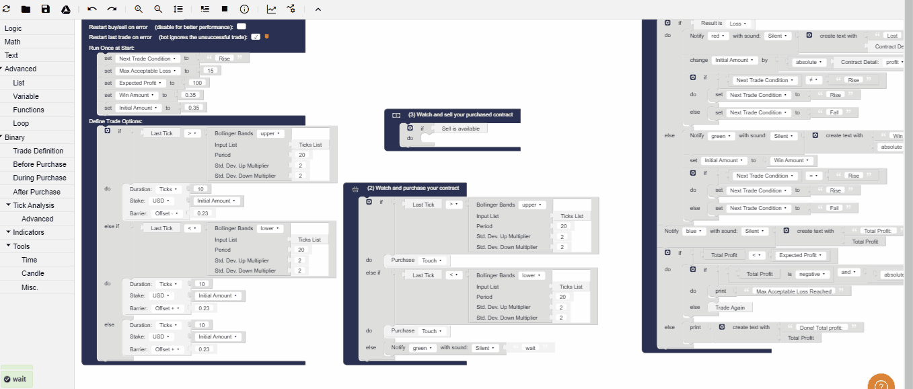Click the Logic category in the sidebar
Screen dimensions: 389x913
pyautogui.click(x=13, y=28)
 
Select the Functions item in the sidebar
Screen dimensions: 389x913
pyautogui.click(x=28, y=110)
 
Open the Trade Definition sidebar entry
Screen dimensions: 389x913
pyautogui.click(x=38, y=151)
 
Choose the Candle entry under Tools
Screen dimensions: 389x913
pyautogui.click(x=32, y=273)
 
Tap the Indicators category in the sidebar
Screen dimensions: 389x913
pyautogui.click(x=28, y=232)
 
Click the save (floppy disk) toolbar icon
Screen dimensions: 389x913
pyautogui.click(x=46, y=9)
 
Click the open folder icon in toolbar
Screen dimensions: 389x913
pyautogui.click(x=26, y=9)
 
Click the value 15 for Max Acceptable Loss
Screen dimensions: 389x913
pyautogui.click(x=211, y=71)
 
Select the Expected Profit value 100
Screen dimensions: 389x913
pyautogui.click(x=197, y=83)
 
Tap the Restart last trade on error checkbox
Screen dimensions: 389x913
pyautogui.click(x=256, y=36)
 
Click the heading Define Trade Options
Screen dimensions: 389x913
pyautogui.click(x=116, y=121)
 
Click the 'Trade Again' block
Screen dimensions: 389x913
pyautogui.click(x=730, y=307)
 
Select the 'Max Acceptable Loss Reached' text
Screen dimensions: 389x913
pyautogui.click(x=794, y=291)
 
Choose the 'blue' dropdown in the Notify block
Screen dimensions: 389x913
pyautogui.click(x=691, y=231)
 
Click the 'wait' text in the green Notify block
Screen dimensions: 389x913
pyautogui.click(x=530, y=348)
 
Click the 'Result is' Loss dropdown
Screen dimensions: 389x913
pyautogui.click(x=735, y=24)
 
